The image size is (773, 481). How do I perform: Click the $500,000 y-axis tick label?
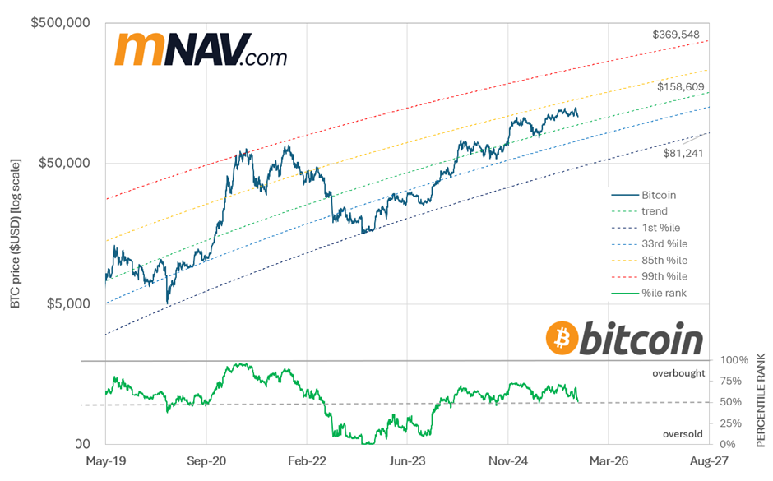pos(60,23)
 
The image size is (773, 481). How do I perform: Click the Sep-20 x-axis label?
pos(207,462)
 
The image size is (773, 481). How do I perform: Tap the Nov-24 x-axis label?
pos(507,462)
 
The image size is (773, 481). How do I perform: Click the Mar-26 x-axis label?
pos(608,462)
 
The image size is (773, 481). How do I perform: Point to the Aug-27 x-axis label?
pos(709,462)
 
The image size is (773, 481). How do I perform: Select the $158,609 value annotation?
pos(681,86)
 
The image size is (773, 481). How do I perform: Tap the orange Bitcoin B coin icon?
pos(562,339)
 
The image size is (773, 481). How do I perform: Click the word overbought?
pos(678,373)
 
